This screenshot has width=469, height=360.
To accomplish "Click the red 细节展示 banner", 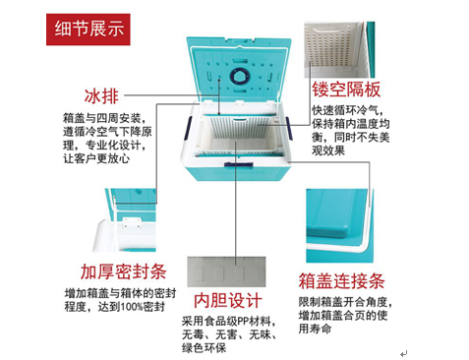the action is (88, 30).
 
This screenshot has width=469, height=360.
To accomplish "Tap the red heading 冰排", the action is (101, 96).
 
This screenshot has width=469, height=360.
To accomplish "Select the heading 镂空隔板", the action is (346, 90).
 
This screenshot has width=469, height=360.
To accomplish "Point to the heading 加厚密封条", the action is (124, 271).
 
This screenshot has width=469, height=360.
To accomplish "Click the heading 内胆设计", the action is (228, 300).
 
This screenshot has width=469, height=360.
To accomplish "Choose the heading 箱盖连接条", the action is (341, 281).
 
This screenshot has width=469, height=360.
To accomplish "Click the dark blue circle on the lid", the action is (240, 76).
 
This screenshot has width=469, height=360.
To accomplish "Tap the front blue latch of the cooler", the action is (238, 164).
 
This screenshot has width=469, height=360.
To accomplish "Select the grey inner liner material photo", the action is (226, 271).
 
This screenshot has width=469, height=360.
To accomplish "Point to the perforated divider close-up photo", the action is (339, 50).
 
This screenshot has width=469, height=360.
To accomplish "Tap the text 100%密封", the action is (143, 307).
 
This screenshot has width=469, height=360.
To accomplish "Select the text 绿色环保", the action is (205, 347).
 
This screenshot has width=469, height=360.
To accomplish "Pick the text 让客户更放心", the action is (96, 158).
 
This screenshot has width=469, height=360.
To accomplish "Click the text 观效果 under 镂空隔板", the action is (328, 150).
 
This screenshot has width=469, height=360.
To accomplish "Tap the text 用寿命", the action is (315, 329).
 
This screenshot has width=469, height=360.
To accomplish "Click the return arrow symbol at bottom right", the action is (404, 353).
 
